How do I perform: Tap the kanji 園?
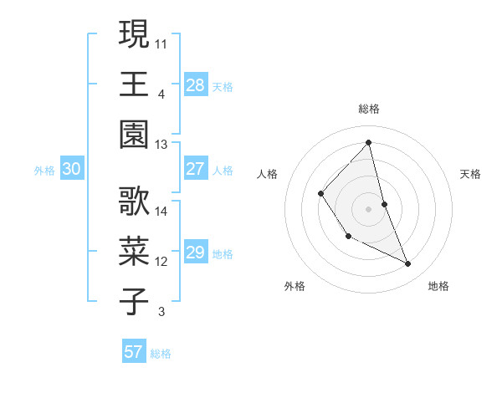(135, 134)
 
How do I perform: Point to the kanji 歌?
(135, 201)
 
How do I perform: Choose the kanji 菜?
(135, 251)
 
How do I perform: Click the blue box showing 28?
(196, 84)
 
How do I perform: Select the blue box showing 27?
(196, 169)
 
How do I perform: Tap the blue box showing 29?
(196, 253)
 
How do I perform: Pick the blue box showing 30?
(72, 169)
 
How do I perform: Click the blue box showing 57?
(134, 352)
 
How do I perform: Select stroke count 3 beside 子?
(161, 313)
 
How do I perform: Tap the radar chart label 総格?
(368, 109)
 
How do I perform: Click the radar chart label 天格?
(471, 174)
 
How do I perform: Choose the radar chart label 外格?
(295, 286)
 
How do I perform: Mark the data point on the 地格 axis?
(408, 264)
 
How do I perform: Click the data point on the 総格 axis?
(368, 142)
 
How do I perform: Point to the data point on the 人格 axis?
(321, 193)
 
